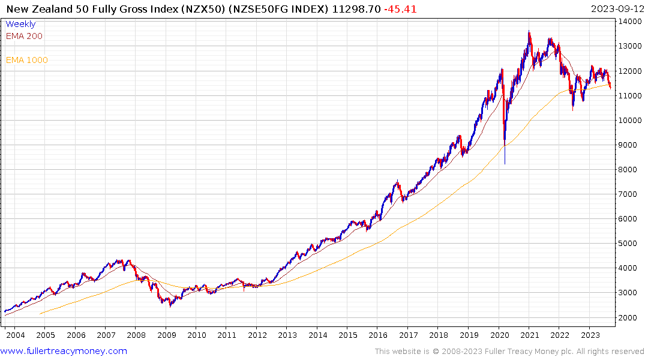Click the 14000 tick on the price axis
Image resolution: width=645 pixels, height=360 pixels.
coord(630,21)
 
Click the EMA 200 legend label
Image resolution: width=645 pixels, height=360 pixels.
coord(24,36)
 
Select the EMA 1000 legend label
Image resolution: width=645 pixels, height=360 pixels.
coord(26,60)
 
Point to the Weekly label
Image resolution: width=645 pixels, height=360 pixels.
coord(20,25)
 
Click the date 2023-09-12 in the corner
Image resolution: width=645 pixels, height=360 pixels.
coord(615,8)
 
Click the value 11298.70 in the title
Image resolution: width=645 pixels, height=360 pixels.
coord(358,8)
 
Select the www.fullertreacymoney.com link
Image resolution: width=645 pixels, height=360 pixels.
coord(64,351)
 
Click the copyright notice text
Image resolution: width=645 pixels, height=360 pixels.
coord(509,352)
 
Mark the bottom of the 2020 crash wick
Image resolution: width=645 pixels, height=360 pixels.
coord(505,164)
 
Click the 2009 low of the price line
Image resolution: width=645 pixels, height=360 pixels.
coord(170,307)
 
